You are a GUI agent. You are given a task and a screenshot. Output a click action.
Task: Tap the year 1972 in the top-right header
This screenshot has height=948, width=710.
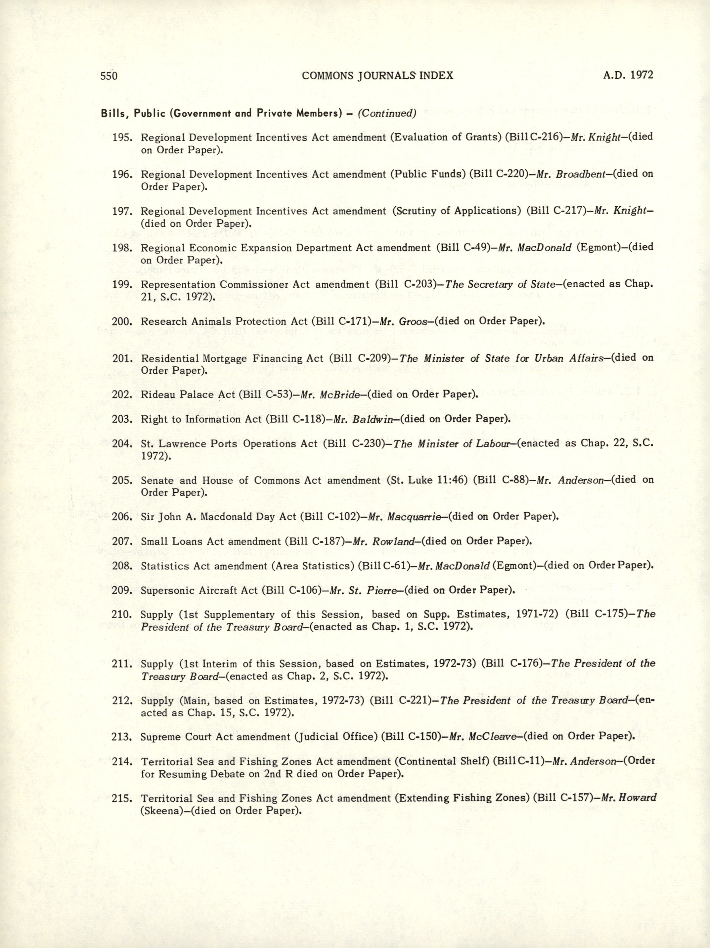641,75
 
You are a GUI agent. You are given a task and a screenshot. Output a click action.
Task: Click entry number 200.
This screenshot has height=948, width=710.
122,321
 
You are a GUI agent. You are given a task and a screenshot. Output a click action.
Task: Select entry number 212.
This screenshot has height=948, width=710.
122,701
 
